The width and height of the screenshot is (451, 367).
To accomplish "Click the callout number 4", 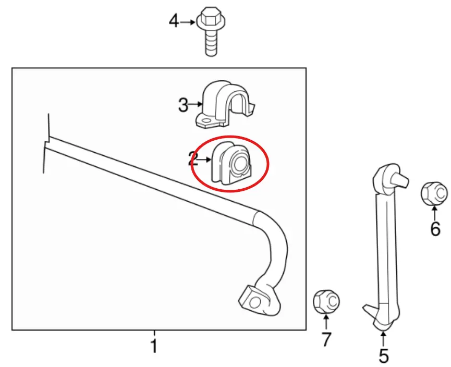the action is click(174, 21).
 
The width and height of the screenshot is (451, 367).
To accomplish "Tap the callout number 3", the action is click(183, 105).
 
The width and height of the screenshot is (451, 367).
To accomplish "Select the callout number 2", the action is click(193, 159).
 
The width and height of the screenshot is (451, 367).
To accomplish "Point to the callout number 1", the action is click(154, 346).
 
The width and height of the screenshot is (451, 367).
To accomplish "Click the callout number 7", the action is click(326, 339).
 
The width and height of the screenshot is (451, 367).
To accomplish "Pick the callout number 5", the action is click(384, 356).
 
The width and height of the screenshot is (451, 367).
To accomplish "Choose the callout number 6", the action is click(435, 229).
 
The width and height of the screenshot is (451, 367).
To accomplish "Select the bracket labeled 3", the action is click(225, 104).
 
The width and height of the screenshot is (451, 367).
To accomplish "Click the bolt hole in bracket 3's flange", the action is click(205, 121).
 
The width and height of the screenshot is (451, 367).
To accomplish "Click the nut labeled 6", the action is click(434, 193).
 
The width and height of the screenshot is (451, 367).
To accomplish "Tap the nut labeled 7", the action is click(326, 302).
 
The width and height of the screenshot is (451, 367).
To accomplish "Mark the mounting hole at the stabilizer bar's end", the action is click(254, 302).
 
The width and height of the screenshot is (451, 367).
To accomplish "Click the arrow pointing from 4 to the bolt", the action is click(188, 22).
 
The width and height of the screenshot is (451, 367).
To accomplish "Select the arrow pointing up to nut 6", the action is click(434, 213).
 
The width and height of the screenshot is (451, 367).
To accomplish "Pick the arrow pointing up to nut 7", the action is click(326, 322).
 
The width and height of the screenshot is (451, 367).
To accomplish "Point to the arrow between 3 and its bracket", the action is click(196, 104).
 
